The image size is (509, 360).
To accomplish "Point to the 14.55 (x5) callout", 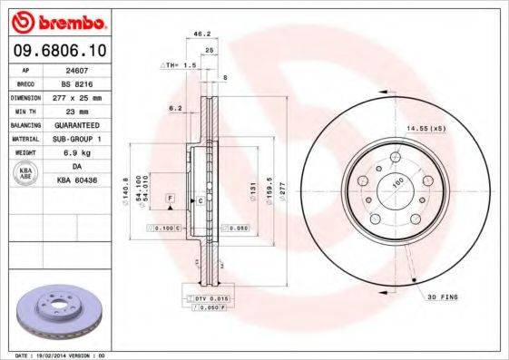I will [427, 128].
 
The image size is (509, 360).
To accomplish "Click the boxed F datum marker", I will [169, 198].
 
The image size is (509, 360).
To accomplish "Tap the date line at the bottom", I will [57, 355].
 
